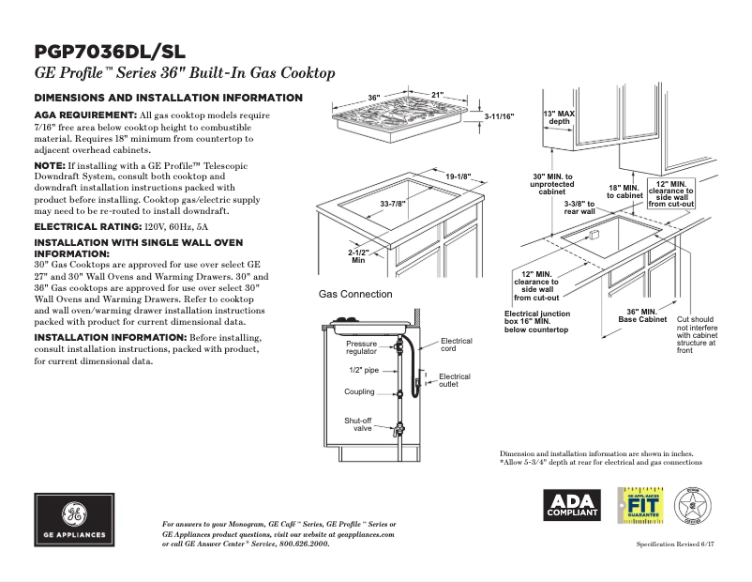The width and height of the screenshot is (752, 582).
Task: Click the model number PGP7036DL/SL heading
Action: (109, 51)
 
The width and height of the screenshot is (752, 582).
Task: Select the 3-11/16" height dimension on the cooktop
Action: (499, 115)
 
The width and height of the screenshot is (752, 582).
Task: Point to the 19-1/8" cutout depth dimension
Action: (458, 176)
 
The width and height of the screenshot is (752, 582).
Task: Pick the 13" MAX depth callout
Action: (559, 117)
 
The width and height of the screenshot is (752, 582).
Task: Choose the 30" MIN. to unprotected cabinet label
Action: (552, 185)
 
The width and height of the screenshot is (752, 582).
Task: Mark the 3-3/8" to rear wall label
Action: (579, 207)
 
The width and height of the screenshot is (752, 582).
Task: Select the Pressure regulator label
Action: (361, 348)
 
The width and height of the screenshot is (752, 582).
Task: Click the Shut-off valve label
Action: (358, 424)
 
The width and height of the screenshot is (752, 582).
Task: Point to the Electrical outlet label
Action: (455, 380)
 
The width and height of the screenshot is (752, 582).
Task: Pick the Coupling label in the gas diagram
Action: (359, 392)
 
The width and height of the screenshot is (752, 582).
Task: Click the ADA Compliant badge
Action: (571, 505)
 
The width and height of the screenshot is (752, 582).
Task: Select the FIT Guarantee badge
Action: (641, 505)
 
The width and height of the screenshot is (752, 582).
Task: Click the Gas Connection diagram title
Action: (355, 294)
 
